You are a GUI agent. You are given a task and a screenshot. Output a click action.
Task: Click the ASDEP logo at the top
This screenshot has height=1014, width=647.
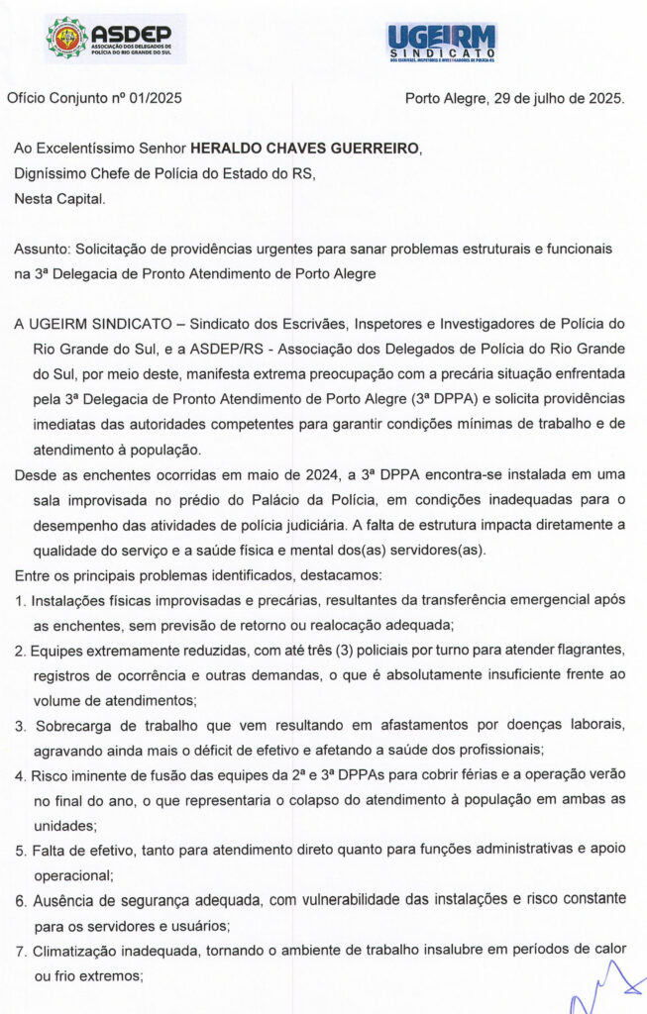115,40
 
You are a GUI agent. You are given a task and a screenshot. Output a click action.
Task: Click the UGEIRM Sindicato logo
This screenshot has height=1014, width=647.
442,43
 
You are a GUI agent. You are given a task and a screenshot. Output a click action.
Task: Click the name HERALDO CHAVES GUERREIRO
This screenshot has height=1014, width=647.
305,149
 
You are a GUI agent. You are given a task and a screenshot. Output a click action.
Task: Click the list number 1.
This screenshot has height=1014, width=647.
19,600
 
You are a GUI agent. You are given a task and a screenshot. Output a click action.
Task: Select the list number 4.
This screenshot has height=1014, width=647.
20,774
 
